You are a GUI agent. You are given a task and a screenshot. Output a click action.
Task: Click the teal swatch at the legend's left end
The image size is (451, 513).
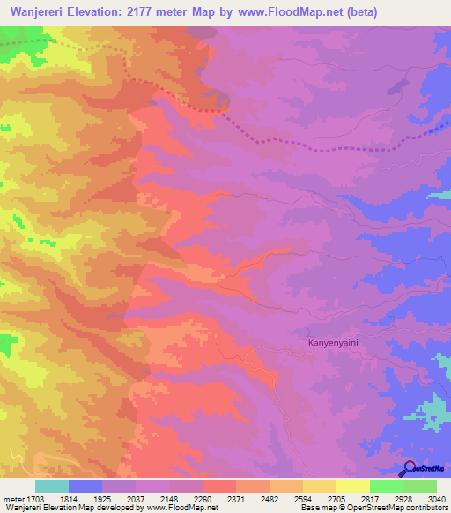(52, 486)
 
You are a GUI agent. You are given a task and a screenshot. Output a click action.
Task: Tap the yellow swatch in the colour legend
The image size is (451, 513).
(353, 486)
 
